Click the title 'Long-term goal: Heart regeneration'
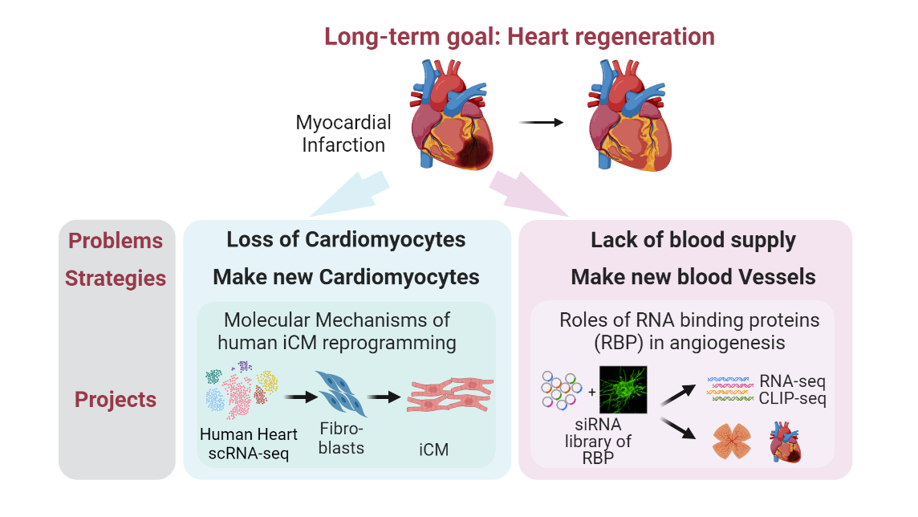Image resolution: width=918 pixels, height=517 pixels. (519, 37)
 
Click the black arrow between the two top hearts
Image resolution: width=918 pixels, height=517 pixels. (539, 122)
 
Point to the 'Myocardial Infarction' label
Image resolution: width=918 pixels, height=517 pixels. (343, 133)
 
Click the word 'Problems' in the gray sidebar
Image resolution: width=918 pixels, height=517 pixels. (116, 241)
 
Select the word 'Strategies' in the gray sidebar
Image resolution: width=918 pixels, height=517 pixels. (116, 279)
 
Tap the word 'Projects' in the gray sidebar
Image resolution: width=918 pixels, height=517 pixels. (116, 399)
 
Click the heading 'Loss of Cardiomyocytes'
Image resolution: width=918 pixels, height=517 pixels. (346, 240)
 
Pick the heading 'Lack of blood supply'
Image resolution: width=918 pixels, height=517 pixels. (693, 240)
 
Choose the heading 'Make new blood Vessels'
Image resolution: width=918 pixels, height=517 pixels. (693, 278)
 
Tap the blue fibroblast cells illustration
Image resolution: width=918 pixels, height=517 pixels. (340, 393)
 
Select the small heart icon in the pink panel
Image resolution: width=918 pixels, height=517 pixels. (786, 444)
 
